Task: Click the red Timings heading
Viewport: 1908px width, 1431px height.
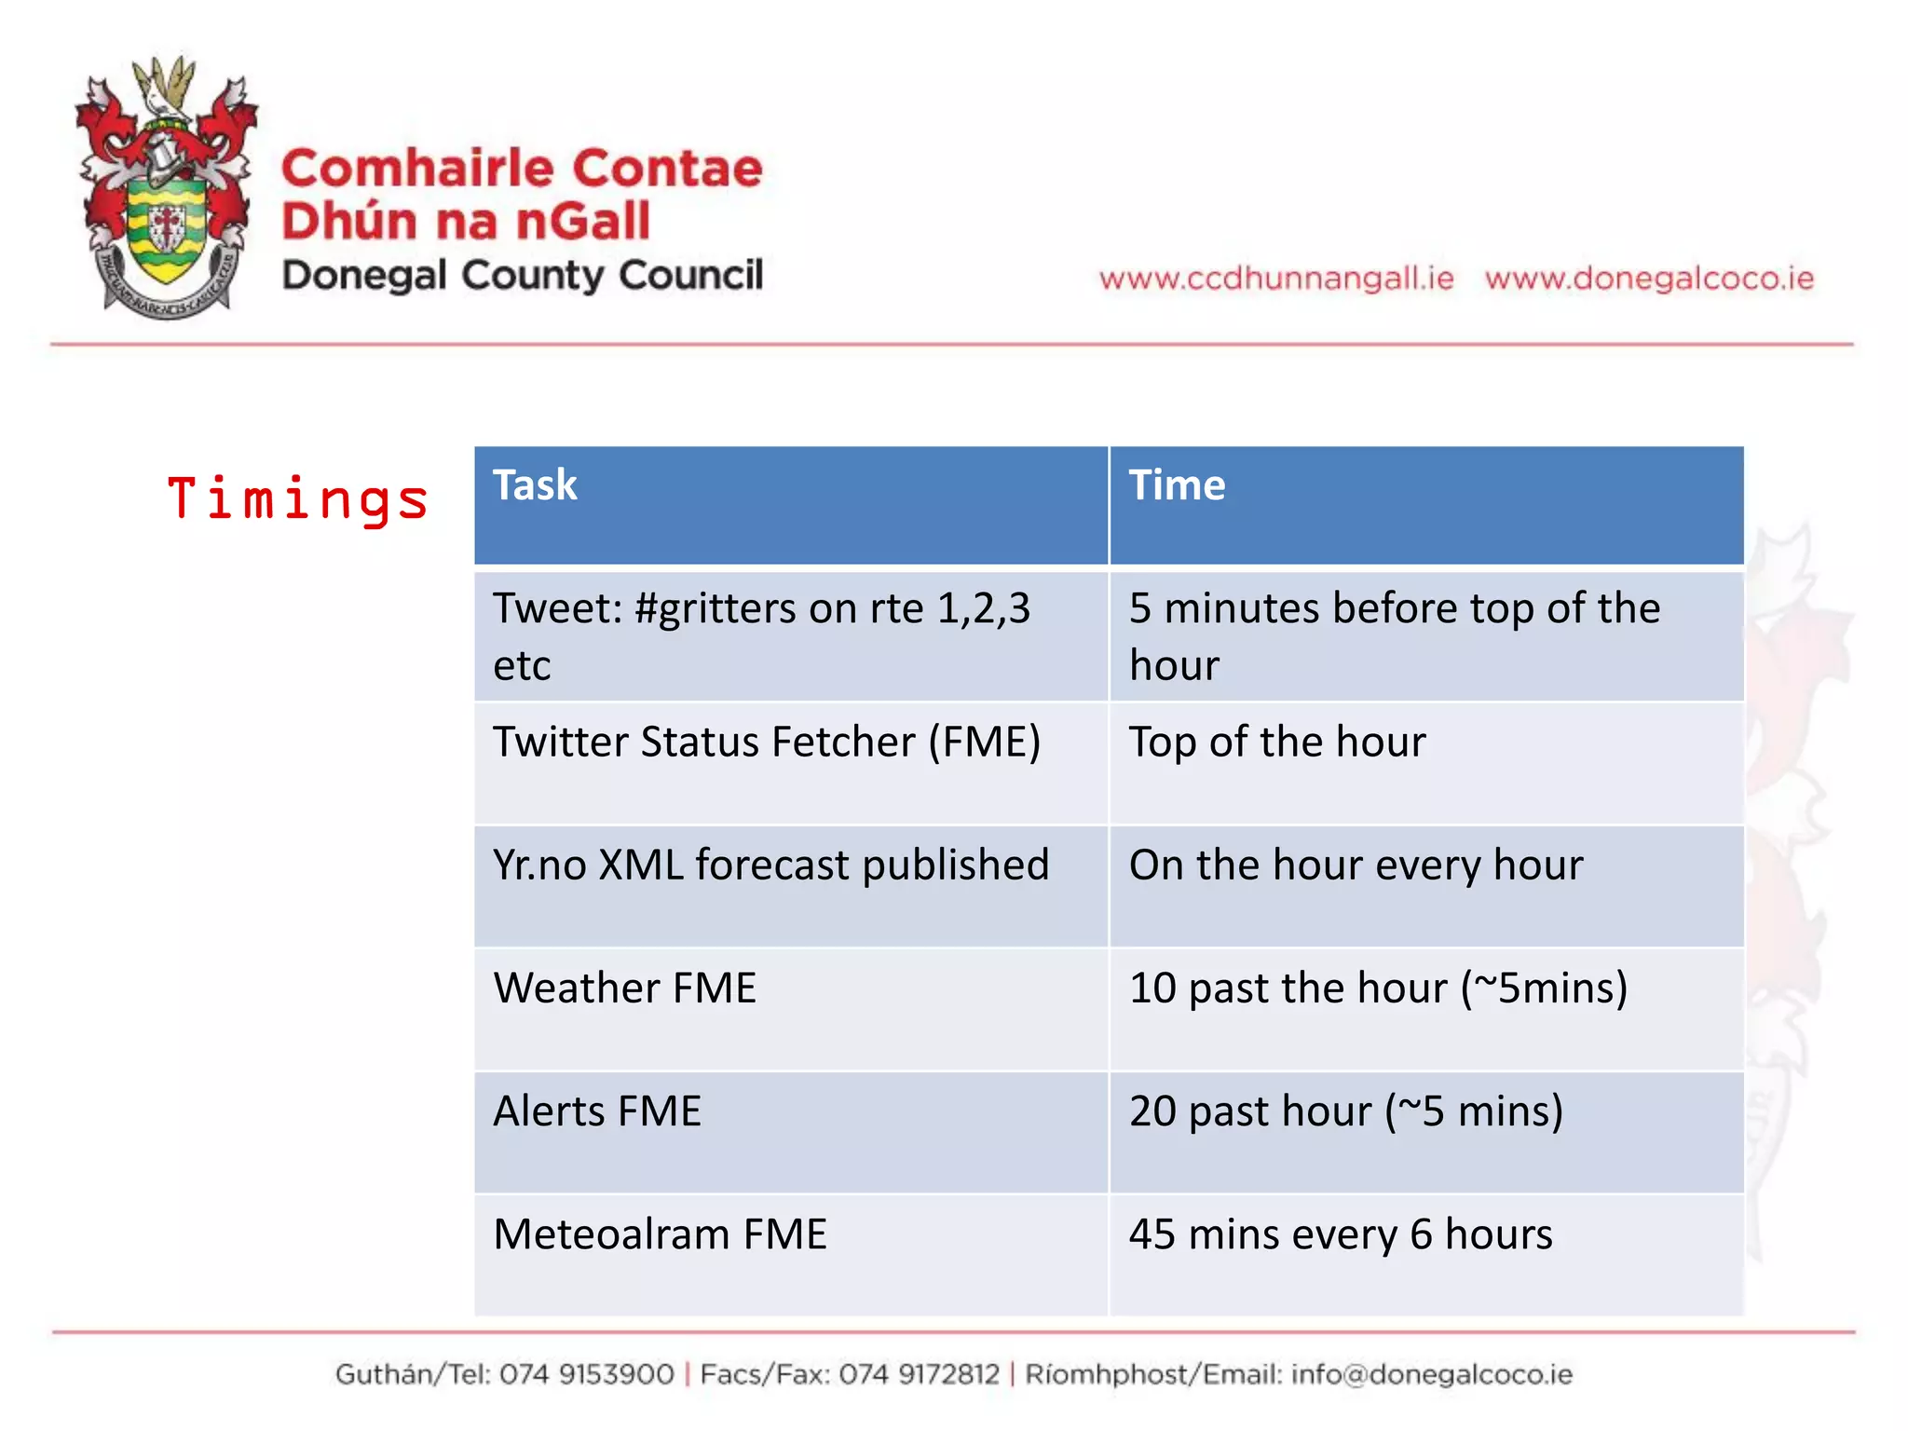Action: point(297,498)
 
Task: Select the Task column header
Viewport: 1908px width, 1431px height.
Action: point(536,485)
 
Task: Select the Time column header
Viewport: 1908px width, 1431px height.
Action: point(1177,485)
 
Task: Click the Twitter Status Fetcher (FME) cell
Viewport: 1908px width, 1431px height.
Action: point(767,743)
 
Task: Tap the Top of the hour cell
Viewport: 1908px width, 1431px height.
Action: point(1276,743)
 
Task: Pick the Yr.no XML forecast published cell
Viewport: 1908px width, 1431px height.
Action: point(770,865)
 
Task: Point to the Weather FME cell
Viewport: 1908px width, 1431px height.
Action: point(625,988)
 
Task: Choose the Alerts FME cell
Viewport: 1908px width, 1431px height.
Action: point(597,1111)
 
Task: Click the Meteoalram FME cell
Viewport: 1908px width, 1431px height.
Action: point(660,1234)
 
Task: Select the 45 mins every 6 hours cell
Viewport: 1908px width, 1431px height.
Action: point(1340,1234)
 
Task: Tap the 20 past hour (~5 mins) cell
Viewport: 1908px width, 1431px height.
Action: point(1345,1111)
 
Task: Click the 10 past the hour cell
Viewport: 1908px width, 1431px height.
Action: point(1377,988)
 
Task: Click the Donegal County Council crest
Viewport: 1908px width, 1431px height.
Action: point(168,186)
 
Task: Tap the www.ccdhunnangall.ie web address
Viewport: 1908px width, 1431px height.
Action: point(1275,279)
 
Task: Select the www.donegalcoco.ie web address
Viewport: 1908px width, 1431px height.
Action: point(1649,279)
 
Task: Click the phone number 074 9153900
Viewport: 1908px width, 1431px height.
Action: point(586,1374)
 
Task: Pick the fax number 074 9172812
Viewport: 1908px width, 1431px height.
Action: point(919,1374)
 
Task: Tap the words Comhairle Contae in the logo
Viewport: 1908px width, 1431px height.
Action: point(522,170)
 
